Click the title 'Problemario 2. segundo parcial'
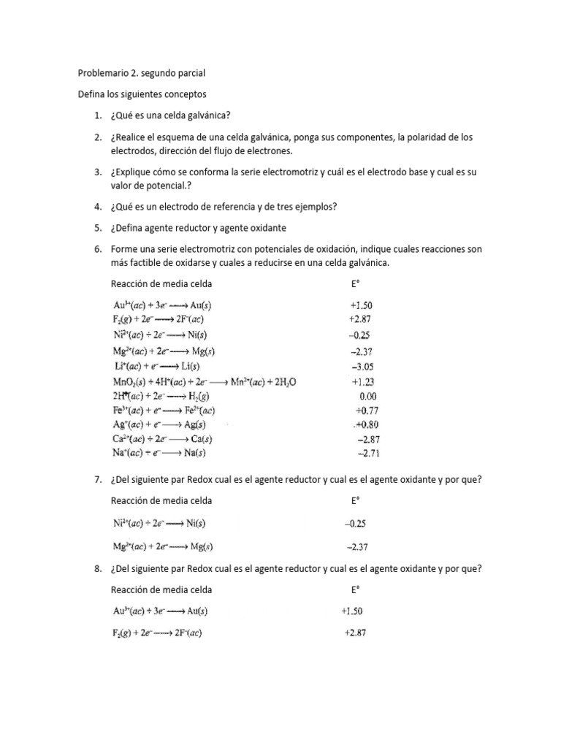click(x=142, y=74)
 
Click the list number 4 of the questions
click(x=97, y=207)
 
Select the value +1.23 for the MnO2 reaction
click(x=363, y=381)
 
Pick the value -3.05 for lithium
click(x=363, y=367)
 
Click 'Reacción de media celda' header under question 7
click(x=161, y=500)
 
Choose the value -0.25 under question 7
click(x=355, y=524)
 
